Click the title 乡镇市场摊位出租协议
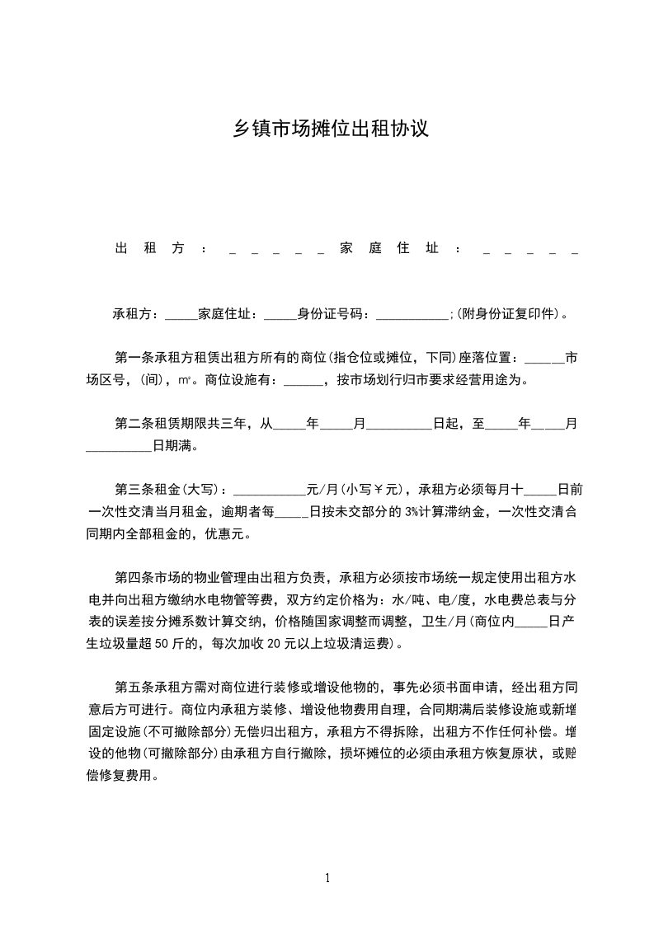pyautogui.click(x=327, y=130)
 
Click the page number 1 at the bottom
pyautogui.click(x=327, y=878)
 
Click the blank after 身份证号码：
pyautogui.click(x=411, y=314)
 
